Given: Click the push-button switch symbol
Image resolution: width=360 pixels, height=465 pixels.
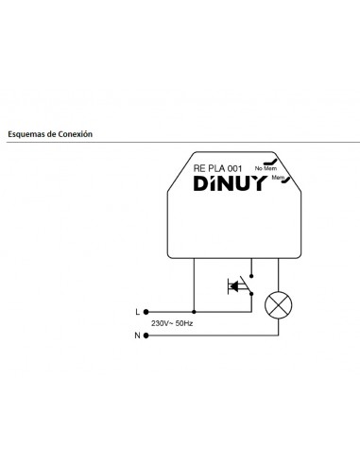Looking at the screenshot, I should click(x=236, y=284).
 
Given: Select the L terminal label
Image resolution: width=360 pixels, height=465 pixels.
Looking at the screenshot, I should click(x=137, y=310).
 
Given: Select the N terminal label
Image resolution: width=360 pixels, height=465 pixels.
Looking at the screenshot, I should click(x=137, y=335).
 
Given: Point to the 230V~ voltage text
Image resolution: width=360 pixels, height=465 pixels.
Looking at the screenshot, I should click(x=163, y=323).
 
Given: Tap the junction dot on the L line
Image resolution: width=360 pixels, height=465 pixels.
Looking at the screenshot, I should click(x=194, y=310).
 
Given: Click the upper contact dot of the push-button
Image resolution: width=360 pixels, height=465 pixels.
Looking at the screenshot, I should click(x=250, y=274).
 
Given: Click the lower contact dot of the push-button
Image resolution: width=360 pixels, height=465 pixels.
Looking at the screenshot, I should click(x=250, y=294).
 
